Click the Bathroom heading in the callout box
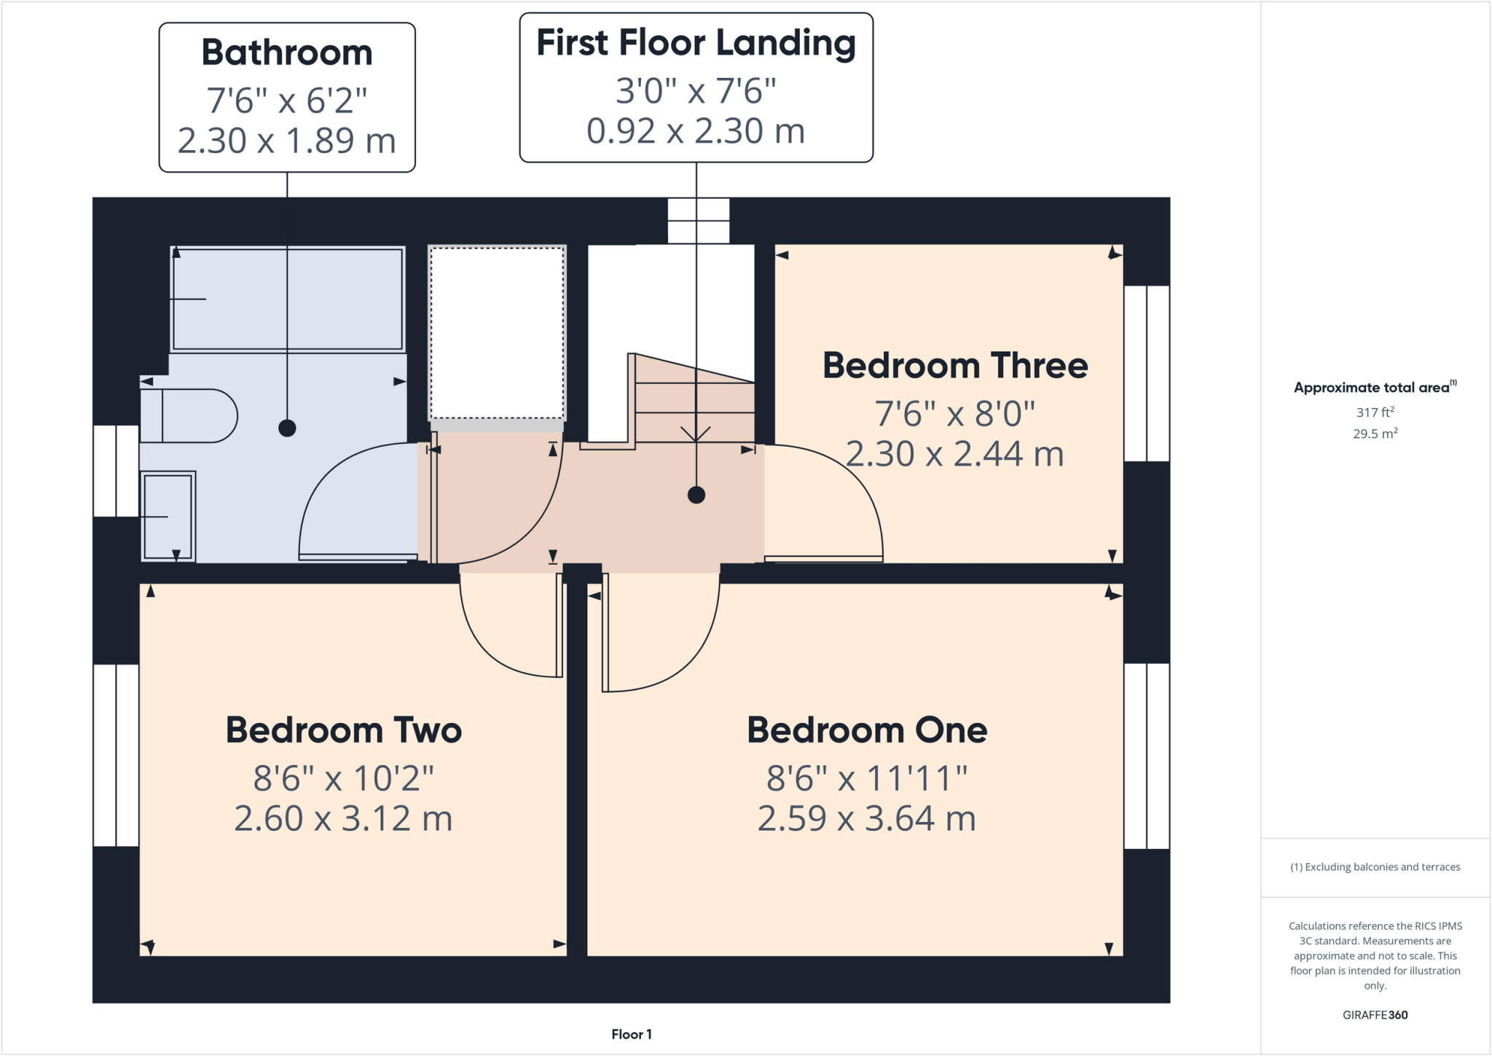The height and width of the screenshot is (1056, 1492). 287,53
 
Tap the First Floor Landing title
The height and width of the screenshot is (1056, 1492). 696,43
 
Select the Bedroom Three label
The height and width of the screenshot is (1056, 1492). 954,366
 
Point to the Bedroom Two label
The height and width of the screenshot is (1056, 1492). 344,730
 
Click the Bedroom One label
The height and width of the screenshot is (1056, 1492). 867,730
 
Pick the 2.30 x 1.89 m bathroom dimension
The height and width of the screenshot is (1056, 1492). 287,141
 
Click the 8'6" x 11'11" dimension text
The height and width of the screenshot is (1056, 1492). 867,778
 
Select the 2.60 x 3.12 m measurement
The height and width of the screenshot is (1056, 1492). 344,818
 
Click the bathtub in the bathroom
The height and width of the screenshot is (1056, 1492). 287,300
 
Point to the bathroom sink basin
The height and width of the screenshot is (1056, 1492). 168,516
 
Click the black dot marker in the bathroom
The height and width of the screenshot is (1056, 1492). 287,429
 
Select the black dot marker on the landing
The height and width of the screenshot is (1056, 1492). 696,496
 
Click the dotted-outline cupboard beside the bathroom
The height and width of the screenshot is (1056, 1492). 497,333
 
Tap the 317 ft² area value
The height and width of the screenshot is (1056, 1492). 1375,412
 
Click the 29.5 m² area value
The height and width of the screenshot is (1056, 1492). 1375,434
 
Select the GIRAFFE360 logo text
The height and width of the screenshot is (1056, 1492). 1375,1015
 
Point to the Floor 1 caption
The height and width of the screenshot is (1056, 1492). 632,1034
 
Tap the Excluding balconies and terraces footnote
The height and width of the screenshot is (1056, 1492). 1375,867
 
